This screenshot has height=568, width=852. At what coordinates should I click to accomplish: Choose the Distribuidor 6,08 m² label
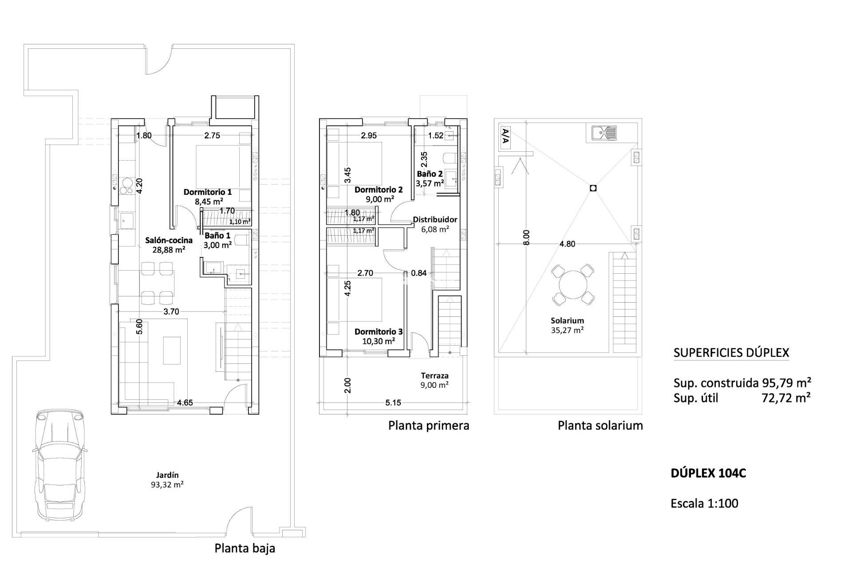pos(434,224)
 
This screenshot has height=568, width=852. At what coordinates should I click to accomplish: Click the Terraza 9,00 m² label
pos(434,380)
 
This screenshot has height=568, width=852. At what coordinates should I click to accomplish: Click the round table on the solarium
pos(573,285)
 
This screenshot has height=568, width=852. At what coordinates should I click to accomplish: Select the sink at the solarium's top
pos(604,132)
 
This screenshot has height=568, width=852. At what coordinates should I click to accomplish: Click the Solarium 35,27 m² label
pos(567,325)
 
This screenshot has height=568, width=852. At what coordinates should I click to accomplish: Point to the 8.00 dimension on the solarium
pos(526,237)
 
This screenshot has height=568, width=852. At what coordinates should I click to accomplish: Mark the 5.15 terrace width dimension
pos(393,403)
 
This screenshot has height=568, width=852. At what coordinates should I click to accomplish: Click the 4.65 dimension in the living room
pos(185,403)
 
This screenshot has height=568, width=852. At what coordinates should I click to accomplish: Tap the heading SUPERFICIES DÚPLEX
pos(731,353)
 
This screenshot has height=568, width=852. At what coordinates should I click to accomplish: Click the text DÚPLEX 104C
pos(708,473)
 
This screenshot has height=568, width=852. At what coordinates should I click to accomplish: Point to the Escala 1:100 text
pos(705,503)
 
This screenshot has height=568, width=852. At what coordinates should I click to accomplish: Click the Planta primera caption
pos(429,426)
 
